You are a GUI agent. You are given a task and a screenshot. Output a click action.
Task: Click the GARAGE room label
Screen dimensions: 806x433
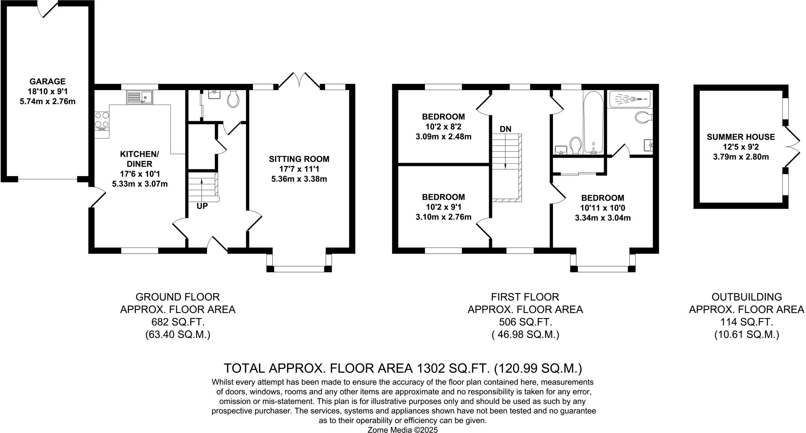[48, 81]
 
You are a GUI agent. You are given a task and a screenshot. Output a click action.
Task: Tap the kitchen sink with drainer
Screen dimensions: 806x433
[140, 97]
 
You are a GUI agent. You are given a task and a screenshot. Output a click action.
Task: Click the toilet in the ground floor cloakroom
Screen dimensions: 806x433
[233, 100]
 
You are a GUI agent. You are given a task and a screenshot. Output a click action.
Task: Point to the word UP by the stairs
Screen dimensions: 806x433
[202, 206]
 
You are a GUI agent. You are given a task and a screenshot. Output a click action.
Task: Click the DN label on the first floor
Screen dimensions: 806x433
[506, 129]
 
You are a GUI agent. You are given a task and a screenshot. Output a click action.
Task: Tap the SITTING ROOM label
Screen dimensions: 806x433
[299, 159]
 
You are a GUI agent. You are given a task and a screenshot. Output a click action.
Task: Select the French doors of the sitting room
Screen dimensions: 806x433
[299, 79]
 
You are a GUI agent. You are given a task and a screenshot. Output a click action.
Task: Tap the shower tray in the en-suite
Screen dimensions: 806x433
[630, 99]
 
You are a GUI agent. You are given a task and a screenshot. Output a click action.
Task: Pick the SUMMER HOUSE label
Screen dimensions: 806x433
[741, 137]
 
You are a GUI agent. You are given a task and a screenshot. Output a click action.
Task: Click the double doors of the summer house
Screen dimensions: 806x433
[792, 147]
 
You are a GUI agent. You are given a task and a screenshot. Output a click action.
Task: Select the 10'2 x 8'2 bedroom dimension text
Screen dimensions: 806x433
[444, 127]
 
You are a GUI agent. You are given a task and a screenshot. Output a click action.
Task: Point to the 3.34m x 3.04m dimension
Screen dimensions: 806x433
[603, 218]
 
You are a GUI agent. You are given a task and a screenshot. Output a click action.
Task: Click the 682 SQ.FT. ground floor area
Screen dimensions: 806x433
[178, 322]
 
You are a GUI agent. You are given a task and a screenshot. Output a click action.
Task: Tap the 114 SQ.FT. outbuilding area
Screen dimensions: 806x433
[747, 322]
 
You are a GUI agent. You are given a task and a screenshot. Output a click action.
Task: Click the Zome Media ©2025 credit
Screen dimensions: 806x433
[403, 430]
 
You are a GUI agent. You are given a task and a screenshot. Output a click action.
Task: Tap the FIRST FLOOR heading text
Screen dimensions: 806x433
[525, 297]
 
